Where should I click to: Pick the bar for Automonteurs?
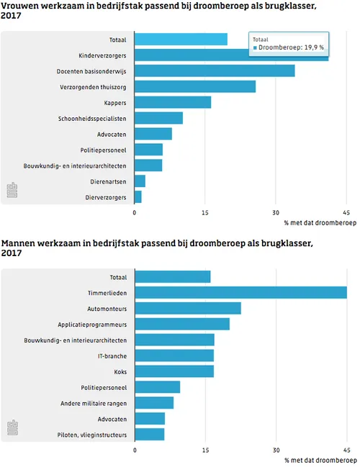(x=188, y=308)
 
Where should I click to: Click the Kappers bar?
(x=173, y=102)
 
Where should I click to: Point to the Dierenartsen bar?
(x=140, y=181)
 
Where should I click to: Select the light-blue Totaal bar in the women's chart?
(x=181, y=39)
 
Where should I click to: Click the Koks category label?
(x=120, y=371)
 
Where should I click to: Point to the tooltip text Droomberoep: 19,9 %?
(x=291, y=48)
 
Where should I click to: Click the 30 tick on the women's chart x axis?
(x=276, y=213)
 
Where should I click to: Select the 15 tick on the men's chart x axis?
(x=206, y=450)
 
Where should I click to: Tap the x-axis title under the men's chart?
(x=320, y=459)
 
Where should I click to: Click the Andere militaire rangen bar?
(x=154, y=402)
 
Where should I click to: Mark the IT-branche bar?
(x=174, y=355)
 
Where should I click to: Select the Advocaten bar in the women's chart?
(x=153, y=134)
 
